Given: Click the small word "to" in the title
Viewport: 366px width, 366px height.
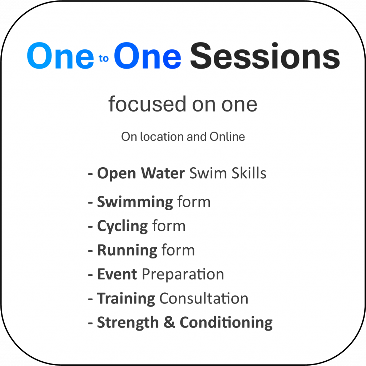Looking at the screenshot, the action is coord(103,58).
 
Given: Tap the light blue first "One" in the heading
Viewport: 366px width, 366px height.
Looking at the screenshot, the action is coord(60,56).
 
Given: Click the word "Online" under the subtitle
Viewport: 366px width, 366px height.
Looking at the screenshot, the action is coord(227,137).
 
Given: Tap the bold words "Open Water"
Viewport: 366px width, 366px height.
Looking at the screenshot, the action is coord(141,173).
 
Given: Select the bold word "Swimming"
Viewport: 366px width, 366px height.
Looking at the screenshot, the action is coord(135,202).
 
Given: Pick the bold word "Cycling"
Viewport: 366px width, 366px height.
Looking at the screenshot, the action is coord(123,226).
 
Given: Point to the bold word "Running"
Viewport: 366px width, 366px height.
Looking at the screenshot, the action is coord(127,251).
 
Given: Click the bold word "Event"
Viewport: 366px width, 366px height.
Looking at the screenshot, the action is coord(117,274).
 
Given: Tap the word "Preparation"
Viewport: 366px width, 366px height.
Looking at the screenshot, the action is coord(183,274).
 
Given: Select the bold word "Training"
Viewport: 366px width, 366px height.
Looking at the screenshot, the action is coord(126,299).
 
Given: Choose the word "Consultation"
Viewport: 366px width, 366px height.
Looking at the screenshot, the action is coord(204,298).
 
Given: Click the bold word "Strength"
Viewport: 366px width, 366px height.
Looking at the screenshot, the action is coord(128,323).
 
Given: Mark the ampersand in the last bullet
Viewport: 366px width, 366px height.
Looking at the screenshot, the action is coord(169,322).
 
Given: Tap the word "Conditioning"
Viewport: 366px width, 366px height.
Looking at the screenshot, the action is coord(226,323).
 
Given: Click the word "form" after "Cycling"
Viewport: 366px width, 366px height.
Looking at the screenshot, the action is coord(169,226).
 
